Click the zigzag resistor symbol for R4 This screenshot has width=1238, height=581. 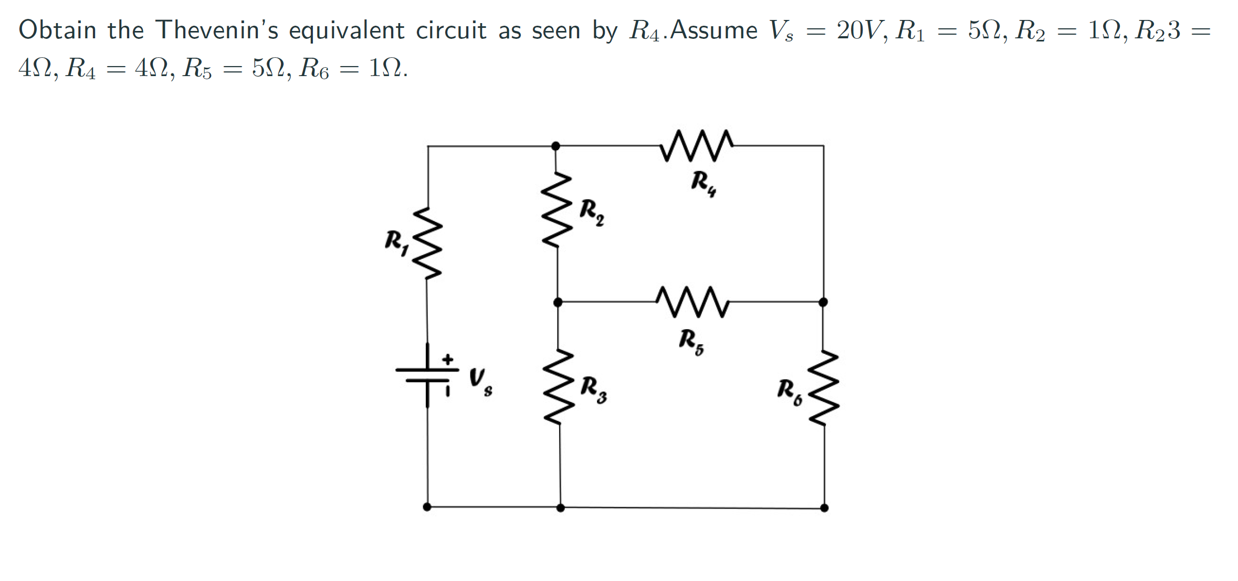coord(696,145)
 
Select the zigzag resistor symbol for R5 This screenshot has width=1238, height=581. coord(692,302)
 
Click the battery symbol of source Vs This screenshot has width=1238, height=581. coord(427,375)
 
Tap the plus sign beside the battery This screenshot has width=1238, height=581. coord(447,360)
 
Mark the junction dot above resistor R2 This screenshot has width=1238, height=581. coord(555,145)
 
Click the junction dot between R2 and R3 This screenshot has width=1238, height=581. coord(558,302)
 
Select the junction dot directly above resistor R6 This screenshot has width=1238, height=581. coord(823,302)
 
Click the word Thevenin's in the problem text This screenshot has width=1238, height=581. coord(216,30)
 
